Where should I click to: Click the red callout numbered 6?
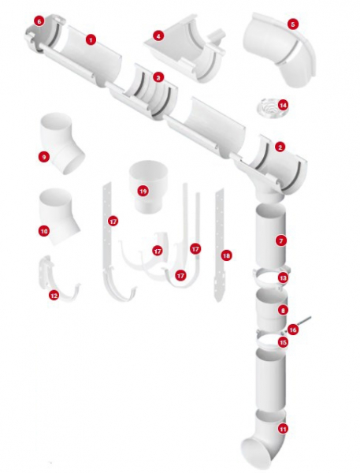pos(39,21)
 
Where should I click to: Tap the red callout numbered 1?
pos(91,39)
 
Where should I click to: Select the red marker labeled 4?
pos(158,36)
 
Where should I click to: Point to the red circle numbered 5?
pos(293,24)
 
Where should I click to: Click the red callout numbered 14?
pos(283,105)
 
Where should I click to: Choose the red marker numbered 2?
pos(280,147)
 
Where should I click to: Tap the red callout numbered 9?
pos(43,157)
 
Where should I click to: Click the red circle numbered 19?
pos(143,191)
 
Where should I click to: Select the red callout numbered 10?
pos(43,231)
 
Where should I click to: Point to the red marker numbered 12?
pos(54,296)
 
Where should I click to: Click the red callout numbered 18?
pos(226,255)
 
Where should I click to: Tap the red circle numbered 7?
pos(281,240)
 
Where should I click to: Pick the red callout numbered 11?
pos(283,429)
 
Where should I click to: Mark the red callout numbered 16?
pos(292,330)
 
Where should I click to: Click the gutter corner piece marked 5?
pos(279,50)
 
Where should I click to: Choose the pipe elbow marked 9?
pos(61,143)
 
